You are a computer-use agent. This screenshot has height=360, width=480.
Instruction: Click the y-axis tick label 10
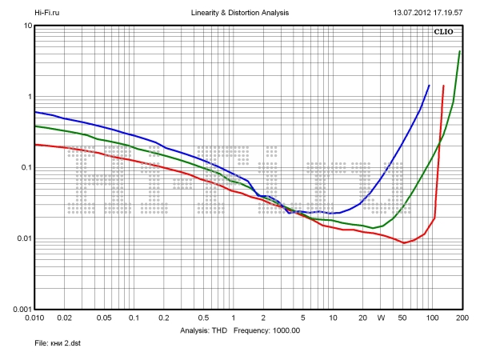(x=27, y=26)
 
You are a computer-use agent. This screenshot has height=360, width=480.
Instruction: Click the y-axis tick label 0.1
(x=24, y=168)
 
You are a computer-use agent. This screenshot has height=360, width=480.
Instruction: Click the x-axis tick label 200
(x=461, y=318)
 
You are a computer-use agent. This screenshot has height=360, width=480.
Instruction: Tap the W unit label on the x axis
(x=382, y=318)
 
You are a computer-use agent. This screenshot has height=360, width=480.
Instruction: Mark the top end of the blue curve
(x=429, y=86)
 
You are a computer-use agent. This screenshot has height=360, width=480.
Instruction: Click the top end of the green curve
(x=459, y=52)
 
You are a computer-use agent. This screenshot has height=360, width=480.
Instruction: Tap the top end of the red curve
(x=443, y=86)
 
